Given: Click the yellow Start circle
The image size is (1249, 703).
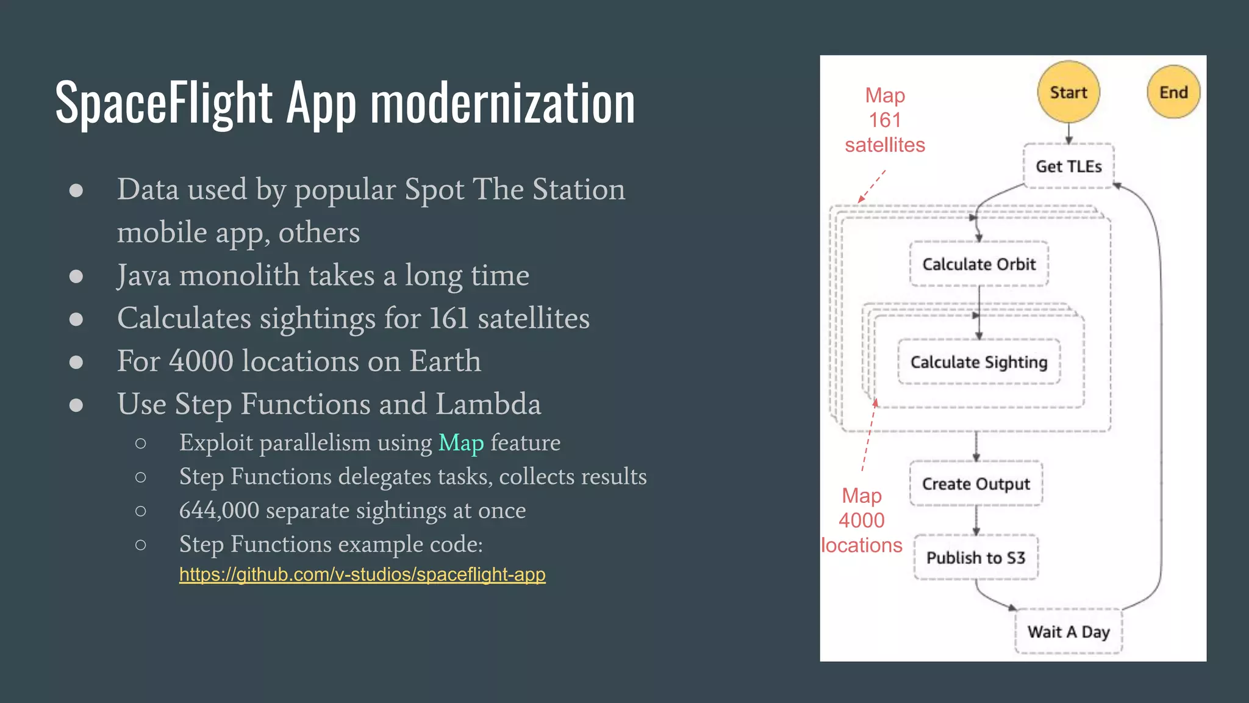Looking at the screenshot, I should pos(1068,92).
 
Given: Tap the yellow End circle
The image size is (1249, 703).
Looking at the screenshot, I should pos(1173,92).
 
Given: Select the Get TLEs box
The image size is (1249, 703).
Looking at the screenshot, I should pos(1068,166).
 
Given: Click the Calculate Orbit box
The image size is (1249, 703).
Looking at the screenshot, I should pos(979,264).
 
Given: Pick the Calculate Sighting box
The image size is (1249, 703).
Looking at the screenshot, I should pos(979,362).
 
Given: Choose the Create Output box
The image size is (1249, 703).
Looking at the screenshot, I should pos(976,484).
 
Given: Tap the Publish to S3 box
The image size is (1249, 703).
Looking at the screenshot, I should pos(976,557).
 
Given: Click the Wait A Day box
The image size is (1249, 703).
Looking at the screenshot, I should pos(1068,632).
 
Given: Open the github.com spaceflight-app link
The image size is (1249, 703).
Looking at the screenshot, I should pos(362,574).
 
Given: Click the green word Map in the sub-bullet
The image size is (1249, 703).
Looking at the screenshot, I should pos(461,442).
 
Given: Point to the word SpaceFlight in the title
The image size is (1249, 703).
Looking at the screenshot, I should pos(163,103).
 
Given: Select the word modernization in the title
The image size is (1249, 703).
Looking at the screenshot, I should pos(503,103).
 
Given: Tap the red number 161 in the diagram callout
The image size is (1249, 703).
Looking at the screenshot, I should pos(885,120).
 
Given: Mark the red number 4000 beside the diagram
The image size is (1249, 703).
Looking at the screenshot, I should pos(861,521).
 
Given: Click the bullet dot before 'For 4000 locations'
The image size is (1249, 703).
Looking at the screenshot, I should pos(76,362).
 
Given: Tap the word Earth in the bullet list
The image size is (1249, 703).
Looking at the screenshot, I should pos(445,361).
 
